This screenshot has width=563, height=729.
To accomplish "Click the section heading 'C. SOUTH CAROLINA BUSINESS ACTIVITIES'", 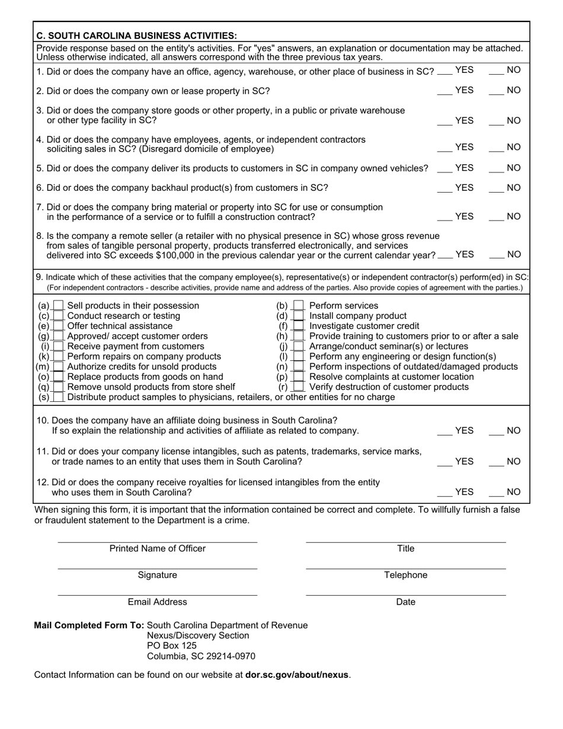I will click(x=136, y=36).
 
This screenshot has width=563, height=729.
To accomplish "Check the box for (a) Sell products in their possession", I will click(x=58, y=306).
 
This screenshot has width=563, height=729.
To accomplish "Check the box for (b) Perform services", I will click(x=300, y=306).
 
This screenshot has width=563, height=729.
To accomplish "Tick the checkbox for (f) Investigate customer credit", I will click(x=300, y=326).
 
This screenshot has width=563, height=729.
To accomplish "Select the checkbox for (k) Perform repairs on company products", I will click(x=58, y=357).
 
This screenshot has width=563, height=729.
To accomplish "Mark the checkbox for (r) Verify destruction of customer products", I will click(x=300, y=387).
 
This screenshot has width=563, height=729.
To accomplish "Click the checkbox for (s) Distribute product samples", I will click(x=58, y=397).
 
